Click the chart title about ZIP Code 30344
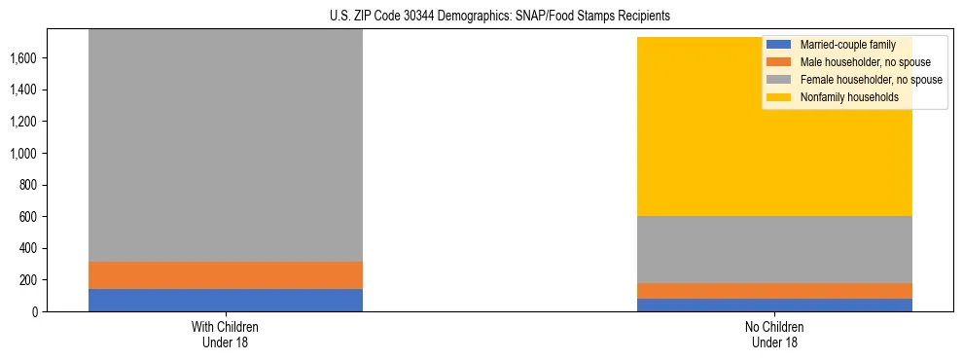(500, 17)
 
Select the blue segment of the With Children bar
(226, 300)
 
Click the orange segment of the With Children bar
(226, 275)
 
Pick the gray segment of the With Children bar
(226, 146)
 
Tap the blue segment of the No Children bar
(774, 305)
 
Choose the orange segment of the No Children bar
(774, 291)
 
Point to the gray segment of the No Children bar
(774, 249)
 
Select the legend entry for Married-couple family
(847, 45)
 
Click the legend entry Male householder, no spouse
(865, 62)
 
